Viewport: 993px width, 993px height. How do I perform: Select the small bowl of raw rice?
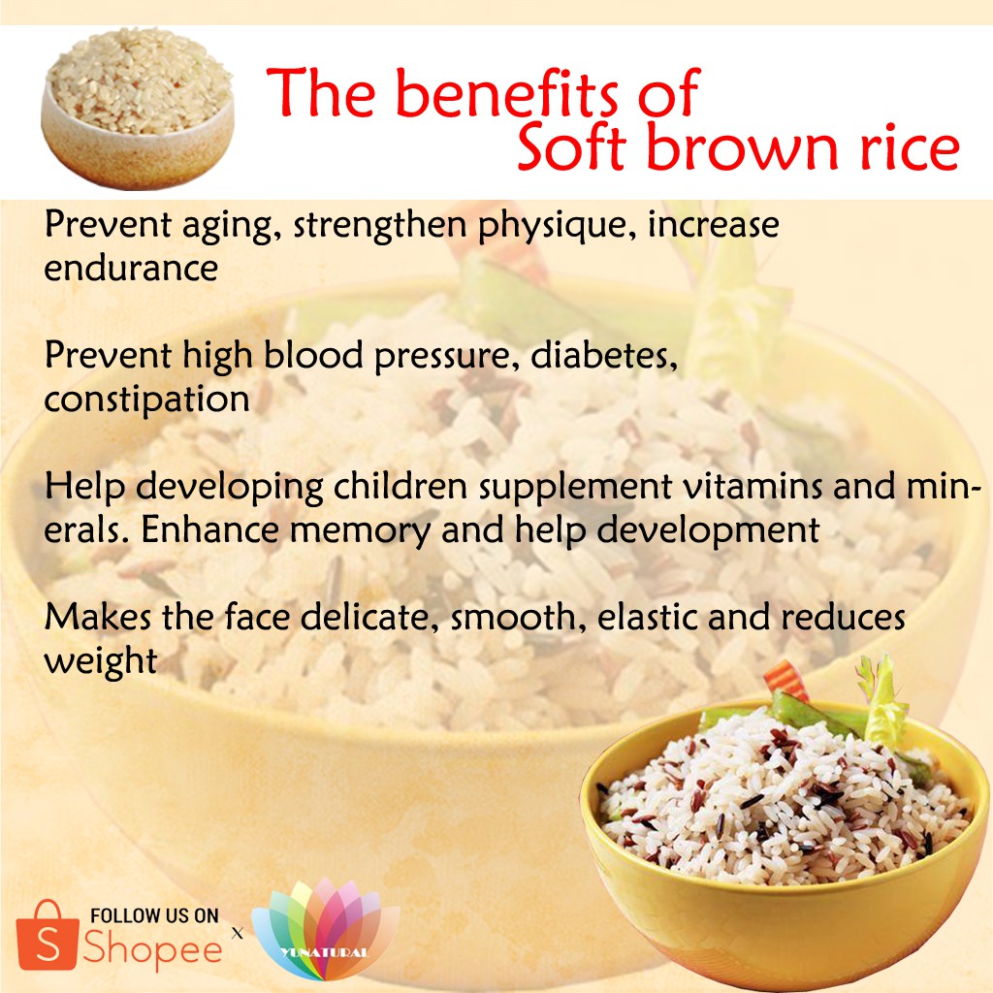138,108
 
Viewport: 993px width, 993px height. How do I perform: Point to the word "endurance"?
131,268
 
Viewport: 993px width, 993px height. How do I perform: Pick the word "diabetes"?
603,355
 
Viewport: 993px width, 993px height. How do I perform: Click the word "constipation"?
147,400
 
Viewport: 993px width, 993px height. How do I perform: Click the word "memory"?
360,531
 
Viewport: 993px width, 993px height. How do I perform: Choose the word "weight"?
101,661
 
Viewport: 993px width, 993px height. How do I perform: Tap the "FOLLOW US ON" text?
154,915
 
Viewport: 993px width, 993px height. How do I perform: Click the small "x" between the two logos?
238,933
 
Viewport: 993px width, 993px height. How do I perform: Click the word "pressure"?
441,357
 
